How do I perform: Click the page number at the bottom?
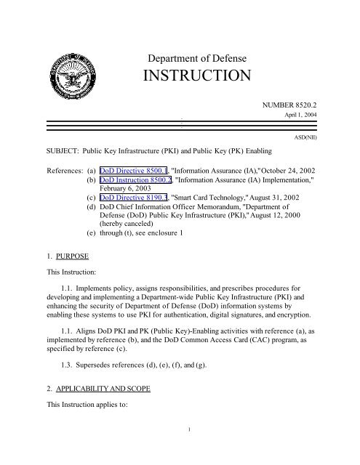(x=189, y=450)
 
